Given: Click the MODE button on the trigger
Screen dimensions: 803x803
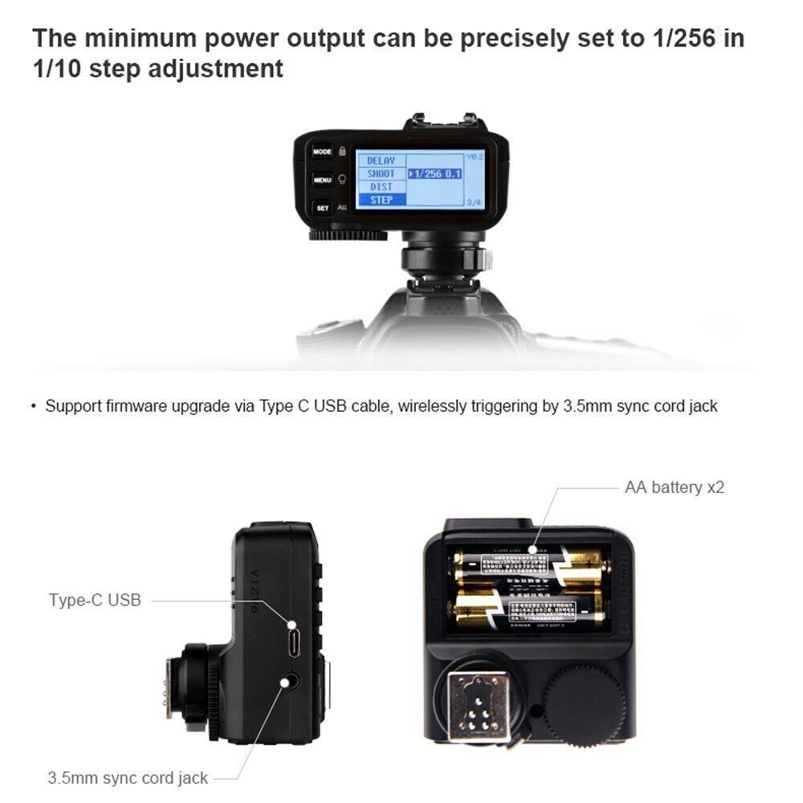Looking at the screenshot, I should (x=322, y=152).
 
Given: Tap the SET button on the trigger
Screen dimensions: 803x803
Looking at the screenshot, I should (x=322, y=208).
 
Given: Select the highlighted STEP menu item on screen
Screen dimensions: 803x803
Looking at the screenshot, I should (x=381, y=200).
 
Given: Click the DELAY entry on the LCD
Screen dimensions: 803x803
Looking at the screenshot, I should (x=381, y=161).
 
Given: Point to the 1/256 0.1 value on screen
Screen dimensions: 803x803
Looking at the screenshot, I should (x=438, y=173).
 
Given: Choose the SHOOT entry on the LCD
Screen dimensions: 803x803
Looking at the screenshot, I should (x=381, y=173).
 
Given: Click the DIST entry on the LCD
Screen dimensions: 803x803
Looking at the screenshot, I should (x=381, y=187).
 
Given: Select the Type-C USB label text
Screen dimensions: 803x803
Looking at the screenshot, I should (x=95, y=600).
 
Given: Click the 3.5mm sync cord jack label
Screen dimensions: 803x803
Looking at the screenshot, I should (x=128, y=777).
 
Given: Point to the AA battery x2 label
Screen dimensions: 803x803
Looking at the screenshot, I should (x=675, y=487).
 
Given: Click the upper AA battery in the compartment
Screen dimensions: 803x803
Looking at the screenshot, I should (x=530, y=564).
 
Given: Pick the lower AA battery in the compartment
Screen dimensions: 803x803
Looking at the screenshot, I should (x=530, y=608).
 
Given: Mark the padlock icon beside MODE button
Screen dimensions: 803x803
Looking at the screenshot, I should (x=342, y=151).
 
